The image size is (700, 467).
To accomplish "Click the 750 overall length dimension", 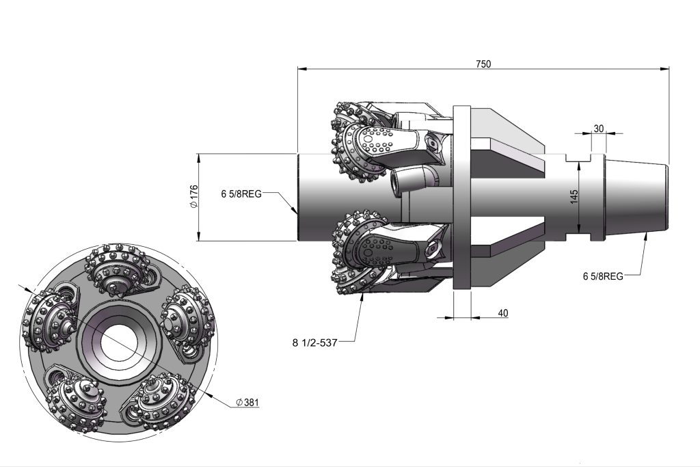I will coord(483,64).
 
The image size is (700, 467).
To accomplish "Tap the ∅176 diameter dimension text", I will coord(193,197).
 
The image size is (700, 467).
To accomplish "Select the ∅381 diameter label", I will coord(247,403).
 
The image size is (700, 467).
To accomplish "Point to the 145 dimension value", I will coord(575,196).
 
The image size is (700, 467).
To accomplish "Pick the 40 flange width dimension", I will coord(502,312).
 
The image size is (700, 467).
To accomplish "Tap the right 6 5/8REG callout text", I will coord(602,276).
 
